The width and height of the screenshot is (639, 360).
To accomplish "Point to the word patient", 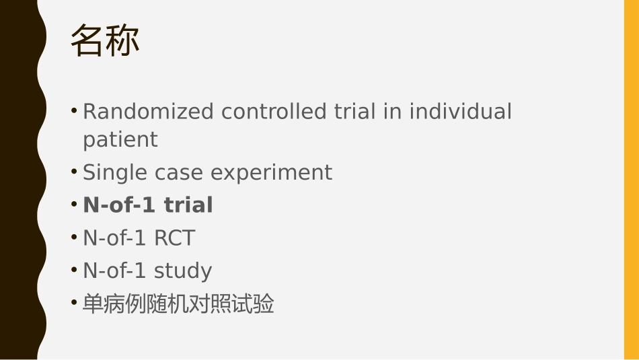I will pos(120,140).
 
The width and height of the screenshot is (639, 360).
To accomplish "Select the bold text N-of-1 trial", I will pos(148,205).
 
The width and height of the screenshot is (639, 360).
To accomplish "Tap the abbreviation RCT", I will pos(174,238).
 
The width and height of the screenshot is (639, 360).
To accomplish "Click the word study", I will pos(183,271).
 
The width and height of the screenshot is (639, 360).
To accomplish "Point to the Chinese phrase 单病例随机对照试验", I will pos(178,304).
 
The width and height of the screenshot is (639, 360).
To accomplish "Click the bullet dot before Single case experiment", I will pos(74,172).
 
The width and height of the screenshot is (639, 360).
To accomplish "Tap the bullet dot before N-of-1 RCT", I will pos(74,238).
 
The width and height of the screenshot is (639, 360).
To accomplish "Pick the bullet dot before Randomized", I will pos(74,110).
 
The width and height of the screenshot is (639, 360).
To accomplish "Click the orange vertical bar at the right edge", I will pos(631,180).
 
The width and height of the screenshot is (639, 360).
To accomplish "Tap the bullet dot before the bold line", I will pos(74,205).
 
